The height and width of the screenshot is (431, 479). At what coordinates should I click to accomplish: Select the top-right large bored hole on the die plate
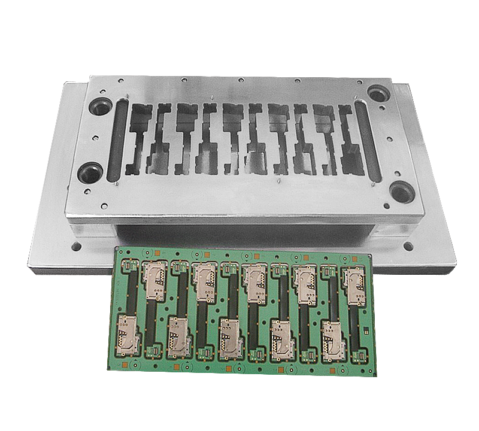coord(378,95)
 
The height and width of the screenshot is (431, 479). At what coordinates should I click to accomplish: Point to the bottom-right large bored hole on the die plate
coord(400,192)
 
